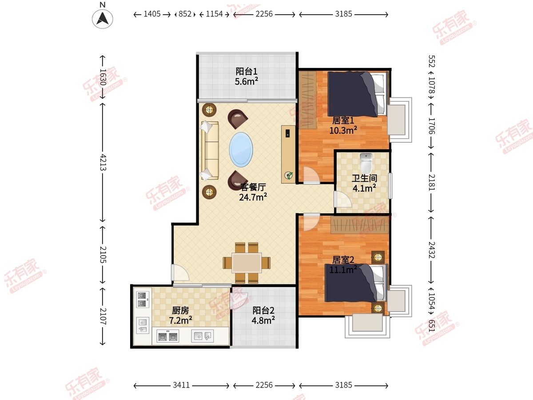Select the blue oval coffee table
241,150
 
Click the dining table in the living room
247,263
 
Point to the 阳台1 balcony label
247,72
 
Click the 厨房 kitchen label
180,310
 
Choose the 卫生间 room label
365,178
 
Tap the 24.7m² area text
253,197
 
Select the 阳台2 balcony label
263,310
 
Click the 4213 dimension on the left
103,162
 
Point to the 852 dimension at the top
185,14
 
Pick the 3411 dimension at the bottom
181,385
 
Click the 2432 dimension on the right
431,250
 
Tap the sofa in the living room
210,151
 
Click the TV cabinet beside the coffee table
288,154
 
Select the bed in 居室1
357,94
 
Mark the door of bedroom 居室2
311,222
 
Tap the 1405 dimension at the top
152,14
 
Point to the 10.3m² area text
343,130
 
